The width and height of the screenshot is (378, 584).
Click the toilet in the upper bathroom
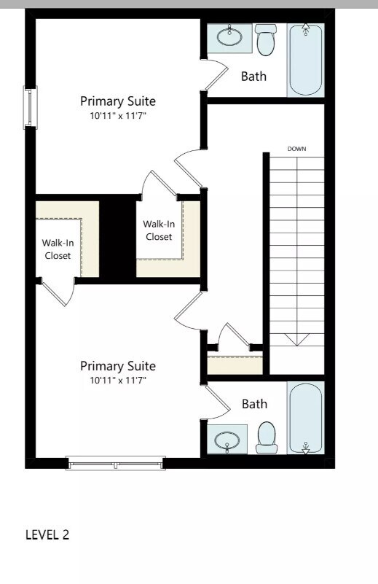coord(266,40)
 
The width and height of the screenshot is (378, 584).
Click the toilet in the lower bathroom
coord(266,437)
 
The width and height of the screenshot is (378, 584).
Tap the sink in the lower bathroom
coord(229,440)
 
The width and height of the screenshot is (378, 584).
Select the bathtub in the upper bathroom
coord(306,59)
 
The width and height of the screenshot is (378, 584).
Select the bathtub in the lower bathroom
coord(306,417)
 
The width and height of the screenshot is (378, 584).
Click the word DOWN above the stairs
coord(296,149)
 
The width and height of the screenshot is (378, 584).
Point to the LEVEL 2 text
coord(47,534)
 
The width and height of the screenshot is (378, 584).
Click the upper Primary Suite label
coord(117,101)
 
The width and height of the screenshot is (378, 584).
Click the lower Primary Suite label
coord(117,365)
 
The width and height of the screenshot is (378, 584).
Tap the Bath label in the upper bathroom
coord(254,76)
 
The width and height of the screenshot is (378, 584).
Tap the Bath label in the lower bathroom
coord(254,403)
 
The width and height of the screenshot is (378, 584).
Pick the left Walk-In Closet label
coord(56,249)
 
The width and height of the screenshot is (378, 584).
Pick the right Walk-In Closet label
coord(158,230)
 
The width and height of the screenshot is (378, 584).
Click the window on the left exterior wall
coord(30,107)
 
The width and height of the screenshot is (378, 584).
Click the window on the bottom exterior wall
coord(115,463)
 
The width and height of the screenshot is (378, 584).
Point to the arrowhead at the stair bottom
coord(296,339)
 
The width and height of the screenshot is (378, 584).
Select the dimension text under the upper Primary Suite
coord(117,116)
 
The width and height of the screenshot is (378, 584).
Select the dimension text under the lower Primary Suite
coord(117,380)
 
